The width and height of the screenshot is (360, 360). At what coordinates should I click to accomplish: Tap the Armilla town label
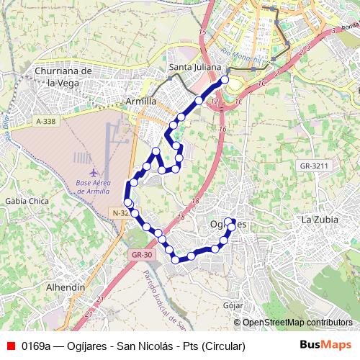[140, 102]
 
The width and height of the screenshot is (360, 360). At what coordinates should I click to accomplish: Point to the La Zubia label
[319, 220]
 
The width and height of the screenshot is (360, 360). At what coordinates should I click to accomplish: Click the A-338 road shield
[45, 123]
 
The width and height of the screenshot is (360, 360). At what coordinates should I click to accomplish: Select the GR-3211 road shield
[314, 166]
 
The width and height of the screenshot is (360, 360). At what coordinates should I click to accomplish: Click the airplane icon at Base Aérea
[94, 174]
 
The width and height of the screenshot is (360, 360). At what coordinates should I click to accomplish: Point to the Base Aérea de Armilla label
[93, 188]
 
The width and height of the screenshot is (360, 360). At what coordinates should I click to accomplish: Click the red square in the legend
[9, 346]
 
